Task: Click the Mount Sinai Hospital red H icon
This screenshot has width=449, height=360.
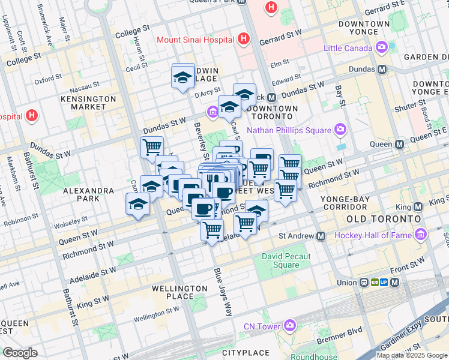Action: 243,40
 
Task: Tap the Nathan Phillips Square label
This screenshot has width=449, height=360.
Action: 289,130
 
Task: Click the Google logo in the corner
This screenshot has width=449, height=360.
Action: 20,353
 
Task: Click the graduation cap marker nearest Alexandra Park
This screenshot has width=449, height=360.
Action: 138,205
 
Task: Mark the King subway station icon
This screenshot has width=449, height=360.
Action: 418,206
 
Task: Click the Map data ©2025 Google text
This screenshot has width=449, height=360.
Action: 412,355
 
